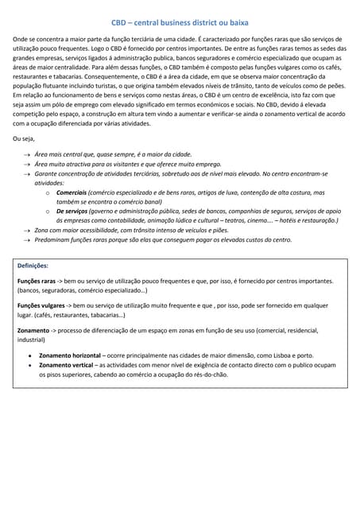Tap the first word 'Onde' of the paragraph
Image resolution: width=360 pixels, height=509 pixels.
click(x=22, y=39)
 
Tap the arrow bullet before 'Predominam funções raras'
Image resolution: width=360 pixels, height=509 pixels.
click(x=28, y=239)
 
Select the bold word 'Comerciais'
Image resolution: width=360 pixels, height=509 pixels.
click(x=72, y=192)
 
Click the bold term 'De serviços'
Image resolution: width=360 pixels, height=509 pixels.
click(x=74, y=211)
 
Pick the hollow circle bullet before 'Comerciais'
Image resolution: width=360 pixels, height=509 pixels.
click(x=49, y=192)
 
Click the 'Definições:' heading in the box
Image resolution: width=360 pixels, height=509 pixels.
click(x=33, y=266)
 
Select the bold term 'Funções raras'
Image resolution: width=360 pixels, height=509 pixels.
click(x=37, y=282)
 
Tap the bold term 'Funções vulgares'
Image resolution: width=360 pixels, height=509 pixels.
click(x=41, y=305)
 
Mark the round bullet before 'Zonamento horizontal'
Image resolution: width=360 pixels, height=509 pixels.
click(x=29, y=355)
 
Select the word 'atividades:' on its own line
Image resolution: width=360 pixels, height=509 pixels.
click(x=49, y=182)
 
